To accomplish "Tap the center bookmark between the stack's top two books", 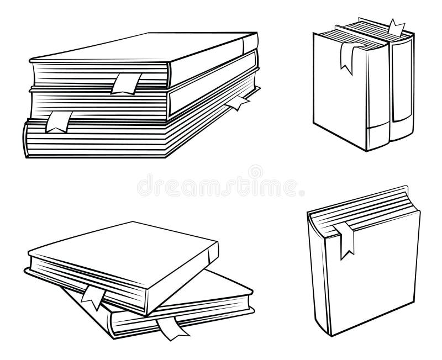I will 126,84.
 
